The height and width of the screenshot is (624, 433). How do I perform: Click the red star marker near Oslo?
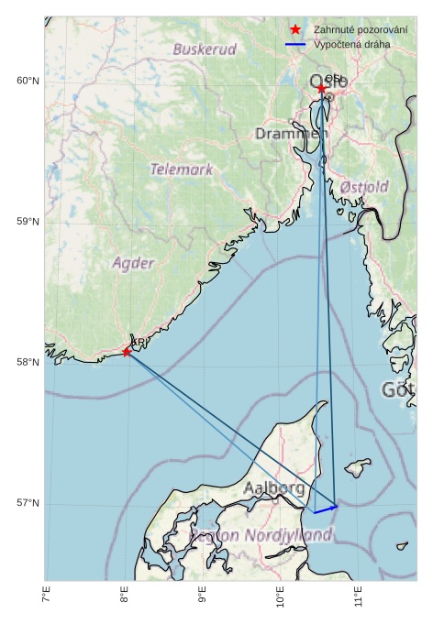pos(322,89)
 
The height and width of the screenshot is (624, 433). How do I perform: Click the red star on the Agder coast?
pos(127,352)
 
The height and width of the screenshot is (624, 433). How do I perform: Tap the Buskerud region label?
pos(205,49)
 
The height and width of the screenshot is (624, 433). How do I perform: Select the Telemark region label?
pos(182,170)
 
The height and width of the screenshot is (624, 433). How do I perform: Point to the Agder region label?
pos(134,263)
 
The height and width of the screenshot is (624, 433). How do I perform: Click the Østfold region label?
pos(364,187)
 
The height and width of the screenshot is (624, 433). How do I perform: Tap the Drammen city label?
pos(291,135)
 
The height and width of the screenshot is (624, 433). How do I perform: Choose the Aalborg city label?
pos(274,488)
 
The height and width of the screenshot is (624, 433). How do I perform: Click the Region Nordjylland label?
pos(261,534)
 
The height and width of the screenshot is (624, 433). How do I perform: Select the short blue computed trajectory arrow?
pos(326,509)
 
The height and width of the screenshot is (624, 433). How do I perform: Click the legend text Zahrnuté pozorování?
pos(361,30)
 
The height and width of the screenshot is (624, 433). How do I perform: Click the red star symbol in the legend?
pos(294,30)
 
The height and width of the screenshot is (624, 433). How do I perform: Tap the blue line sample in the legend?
pos(294,44)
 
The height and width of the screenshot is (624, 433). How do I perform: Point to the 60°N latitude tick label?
pos(28,82)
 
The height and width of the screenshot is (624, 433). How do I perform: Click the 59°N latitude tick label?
pos(28,222)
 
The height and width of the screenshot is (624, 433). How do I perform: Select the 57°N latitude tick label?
pos(28,503)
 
